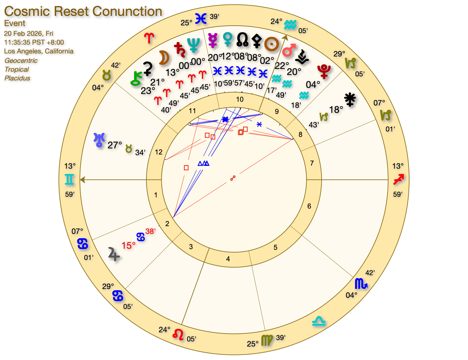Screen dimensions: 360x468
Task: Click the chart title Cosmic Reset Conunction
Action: tap(83, 11)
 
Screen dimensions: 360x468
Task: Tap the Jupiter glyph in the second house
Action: tap(114, 254)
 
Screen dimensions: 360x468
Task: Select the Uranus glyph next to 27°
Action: tap(99, 140)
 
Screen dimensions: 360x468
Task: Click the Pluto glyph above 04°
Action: tap(324, 71)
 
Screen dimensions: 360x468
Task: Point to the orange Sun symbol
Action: tap(271, 44)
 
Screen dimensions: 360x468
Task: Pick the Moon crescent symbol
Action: tap(164, 58)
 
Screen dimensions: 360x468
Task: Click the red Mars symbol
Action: tap(289, 50)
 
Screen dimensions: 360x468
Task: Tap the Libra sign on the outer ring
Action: tap(319, 321)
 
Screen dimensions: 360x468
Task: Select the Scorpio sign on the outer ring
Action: tap(361, 284)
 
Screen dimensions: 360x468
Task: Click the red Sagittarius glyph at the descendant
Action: tap(398, 179)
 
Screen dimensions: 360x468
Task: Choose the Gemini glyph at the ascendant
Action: tap(69, 179)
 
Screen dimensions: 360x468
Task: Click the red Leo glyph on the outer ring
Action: tap(178, 334)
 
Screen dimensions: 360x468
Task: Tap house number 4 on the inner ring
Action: tap(228, 259)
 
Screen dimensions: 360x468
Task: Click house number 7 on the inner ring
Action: tap(312, 163)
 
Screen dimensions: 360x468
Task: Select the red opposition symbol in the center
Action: tap(233, 178)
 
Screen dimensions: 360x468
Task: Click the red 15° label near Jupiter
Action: tap(128, 246)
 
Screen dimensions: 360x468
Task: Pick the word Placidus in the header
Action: tap(17, 78)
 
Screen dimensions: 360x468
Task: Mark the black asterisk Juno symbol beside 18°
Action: tap(350, 99)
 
